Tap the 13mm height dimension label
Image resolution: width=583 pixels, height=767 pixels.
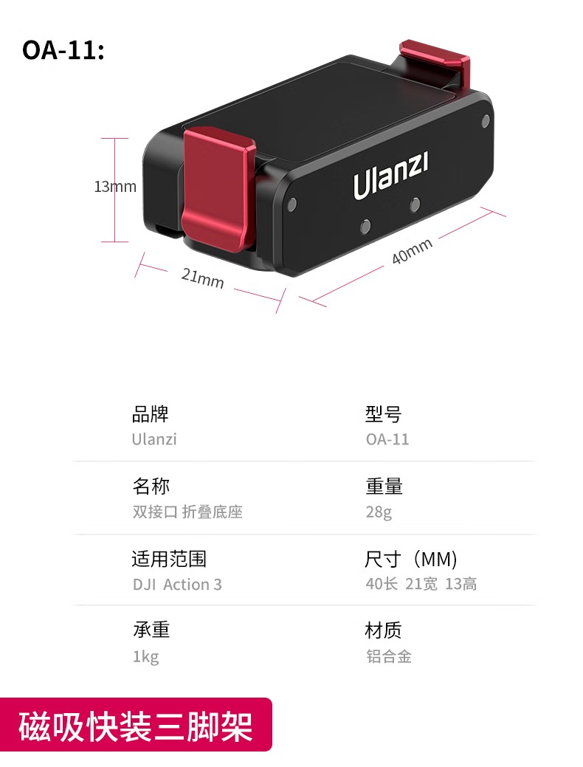(115, 187)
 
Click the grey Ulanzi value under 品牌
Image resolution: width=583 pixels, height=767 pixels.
(154, 439)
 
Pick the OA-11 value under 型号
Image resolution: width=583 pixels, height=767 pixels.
(387, 439)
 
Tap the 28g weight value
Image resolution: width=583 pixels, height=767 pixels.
(379, 512)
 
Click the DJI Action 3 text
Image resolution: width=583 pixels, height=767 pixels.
(177, 585)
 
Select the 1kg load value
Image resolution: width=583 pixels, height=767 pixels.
(145, 656)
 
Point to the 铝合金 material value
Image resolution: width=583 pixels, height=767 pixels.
(389, 656)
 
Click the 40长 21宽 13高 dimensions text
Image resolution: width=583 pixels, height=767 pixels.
(421, 585)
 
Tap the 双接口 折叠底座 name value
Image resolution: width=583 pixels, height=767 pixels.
(187, 512)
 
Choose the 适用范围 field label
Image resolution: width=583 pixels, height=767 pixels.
(169, 559)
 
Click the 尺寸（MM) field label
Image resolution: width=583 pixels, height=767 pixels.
(412, 559)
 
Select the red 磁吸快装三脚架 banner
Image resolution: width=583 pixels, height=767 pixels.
(136, 726)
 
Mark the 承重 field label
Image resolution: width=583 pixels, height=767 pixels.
(151, 630)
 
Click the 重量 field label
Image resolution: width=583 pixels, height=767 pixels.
(384, 486)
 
